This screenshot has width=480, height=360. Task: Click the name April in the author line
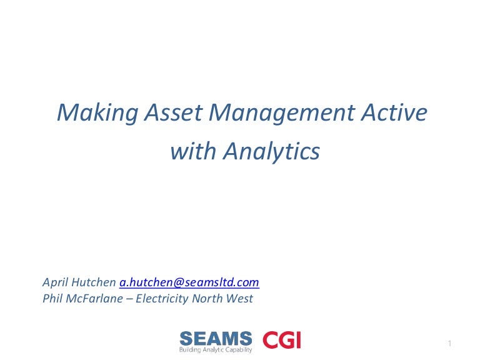[55, 282]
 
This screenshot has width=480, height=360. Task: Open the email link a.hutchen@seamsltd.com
[189, 282]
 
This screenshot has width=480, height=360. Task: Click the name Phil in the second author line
[53, 299]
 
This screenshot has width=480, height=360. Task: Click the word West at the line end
[239, 299]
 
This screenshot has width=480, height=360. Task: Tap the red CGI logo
[281, 340]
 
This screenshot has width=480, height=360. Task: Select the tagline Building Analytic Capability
[216, 350]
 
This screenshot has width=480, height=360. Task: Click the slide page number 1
[449, 343]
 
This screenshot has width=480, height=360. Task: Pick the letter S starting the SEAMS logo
[186, 339]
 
